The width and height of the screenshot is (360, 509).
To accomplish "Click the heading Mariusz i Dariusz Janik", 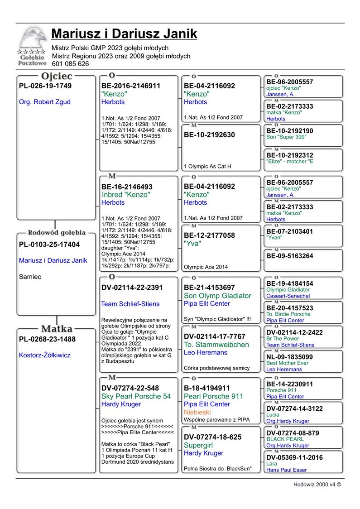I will point(124,34).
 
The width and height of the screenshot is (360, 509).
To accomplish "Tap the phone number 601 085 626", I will point(70,64).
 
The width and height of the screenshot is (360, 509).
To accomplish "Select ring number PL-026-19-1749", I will point(45,86).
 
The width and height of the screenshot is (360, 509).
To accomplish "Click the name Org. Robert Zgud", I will point(45,102).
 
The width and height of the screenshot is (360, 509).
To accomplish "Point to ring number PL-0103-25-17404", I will point(49,245).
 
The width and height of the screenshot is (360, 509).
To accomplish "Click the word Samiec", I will point(30,277).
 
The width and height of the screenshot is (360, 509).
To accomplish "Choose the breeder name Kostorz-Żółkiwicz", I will point(45,355).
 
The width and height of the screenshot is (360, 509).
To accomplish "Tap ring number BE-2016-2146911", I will point(131,86).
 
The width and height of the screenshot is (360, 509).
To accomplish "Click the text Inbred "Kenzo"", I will point(126,194).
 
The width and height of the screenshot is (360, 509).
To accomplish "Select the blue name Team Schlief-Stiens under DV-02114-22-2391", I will point(130,304).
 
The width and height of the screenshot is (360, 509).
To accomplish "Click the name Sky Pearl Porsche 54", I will point(136,396).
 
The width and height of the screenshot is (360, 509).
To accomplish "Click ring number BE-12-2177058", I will point(209,235).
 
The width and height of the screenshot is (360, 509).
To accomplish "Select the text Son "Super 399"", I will point(286,137).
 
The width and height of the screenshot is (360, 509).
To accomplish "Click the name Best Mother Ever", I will point(287,363).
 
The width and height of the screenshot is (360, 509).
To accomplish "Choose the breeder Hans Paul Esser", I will point(286,470).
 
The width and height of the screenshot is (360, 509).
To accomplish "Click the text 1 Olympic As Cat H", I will point(208,166).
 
